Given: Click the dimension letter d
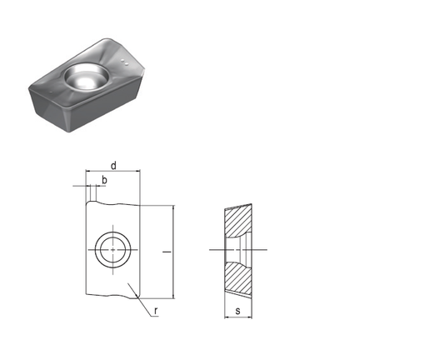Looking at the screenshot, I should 112,166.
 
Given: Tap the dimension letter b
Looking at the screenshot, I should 104,179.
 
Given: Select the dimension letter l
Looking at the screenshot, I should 167,250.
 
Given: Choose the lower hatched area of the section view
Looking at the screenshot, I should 239,277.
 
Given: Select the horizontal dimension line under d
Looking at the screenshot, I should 112,172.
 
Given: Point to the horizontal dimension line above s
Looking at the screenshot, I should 238,317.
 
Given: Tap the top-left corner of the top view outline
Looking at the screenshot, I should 87,204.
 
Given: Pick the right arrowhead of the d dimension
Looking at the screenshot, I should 135,172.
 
